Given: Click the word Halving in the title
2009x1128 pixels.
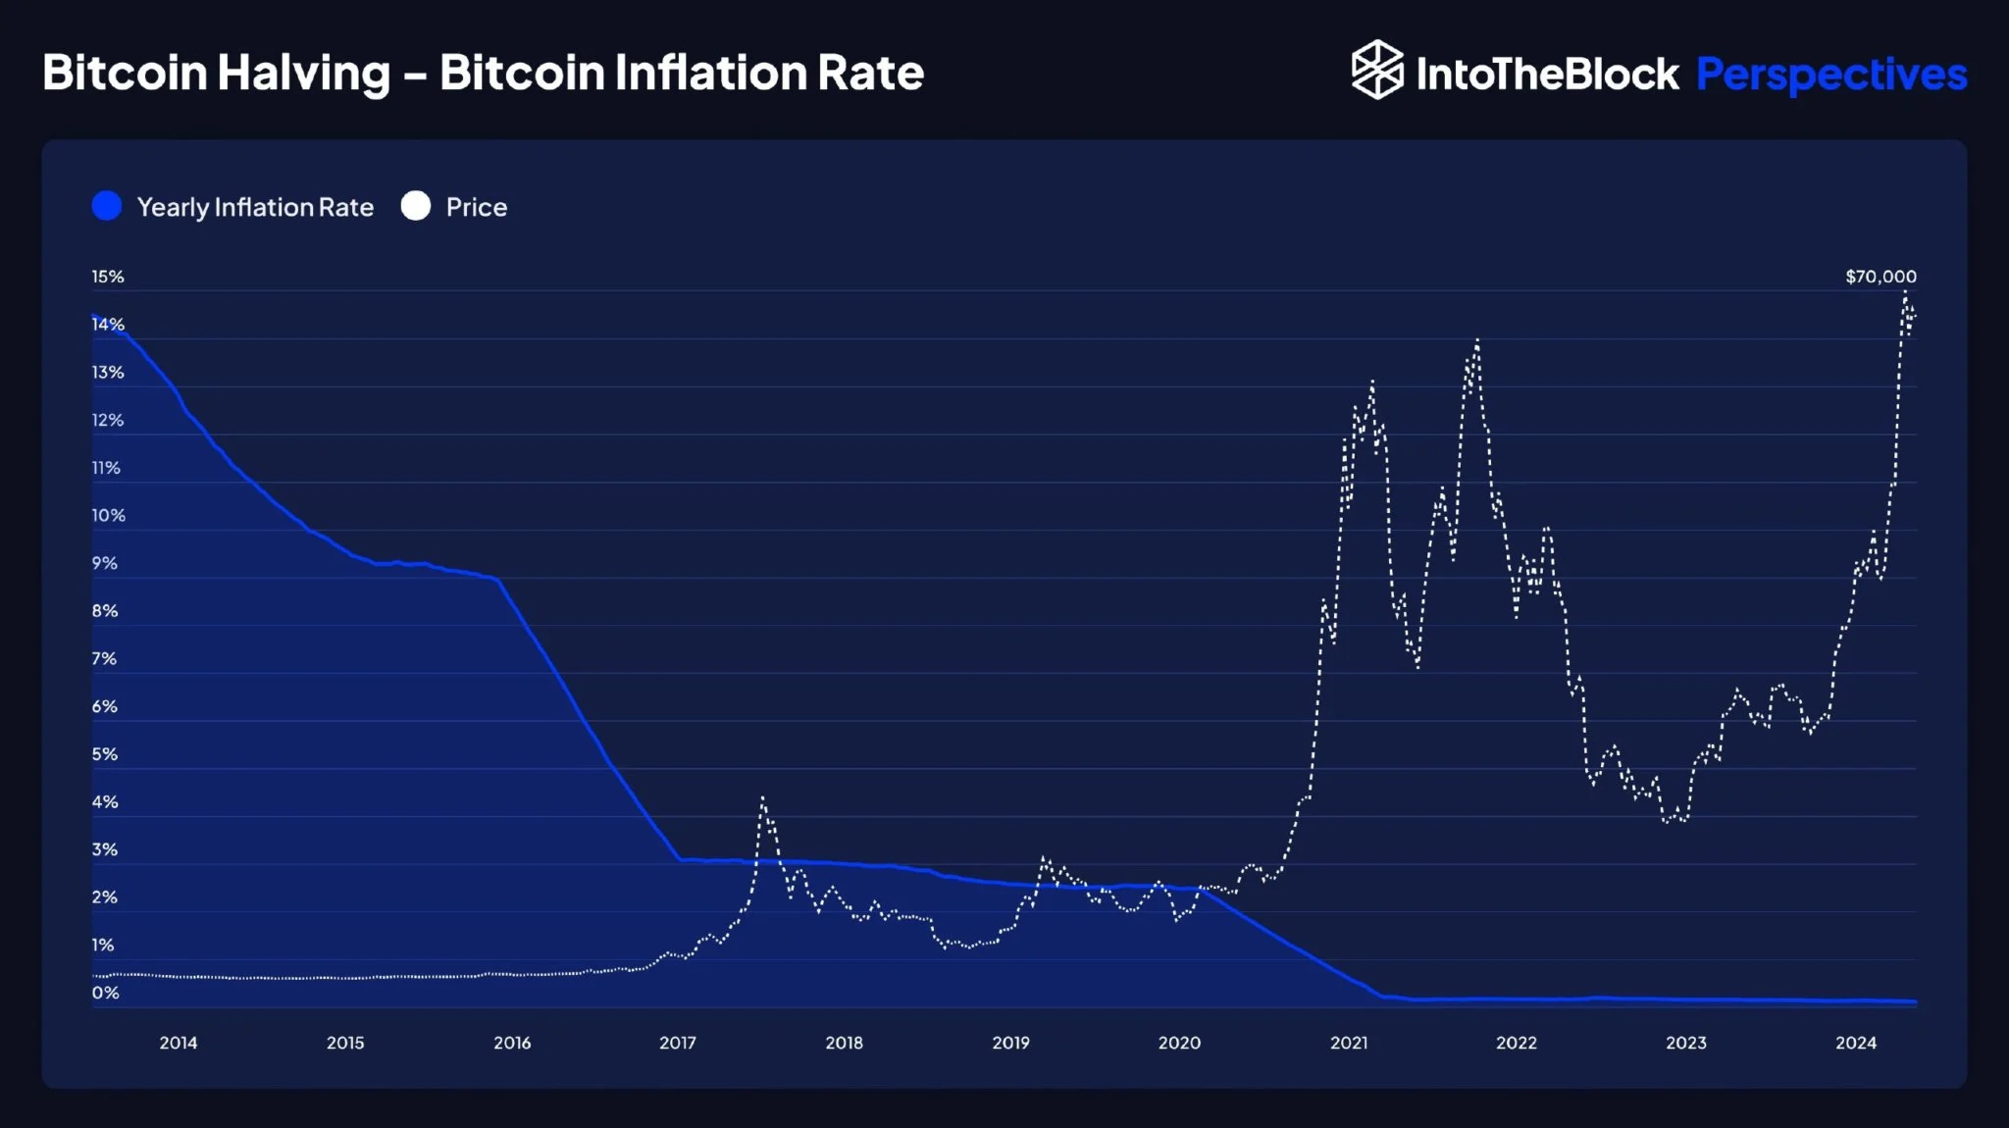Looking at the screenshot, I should pyautogui.click(x=303, y=74).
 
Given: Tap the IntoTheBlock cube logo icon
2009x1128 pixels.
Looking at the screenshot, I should pyautogui.click(x=1377, y=70).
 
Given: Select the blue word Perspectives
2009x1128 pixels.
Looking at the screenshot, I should pyautogui.click(x=1831, y=75).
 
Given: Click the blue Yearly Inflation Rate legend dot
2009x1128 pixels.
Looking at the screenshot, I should pyautogui.click(x=107, y=206).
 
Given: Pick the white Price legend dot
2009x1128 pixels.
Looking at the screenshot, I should pyautogui.click(x=416, y=206).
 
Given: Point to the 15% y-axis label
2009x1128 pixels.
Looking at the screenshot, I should pyautogui.click(x=108, y=277).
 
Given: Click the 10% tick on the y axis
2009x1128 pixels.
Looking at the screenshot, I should pyautogui.click(x=108, y=516).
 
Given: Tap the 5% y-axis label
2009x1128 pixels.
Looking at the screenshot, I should pyautogui.click(x=105, y=754).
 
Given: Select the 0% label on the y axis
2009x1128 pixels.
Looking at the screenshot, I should pyautogui.click(x=105, y=993).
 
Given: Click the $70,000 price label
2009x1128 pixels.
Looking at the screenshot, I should pyautogui.click(x=1880, y=277).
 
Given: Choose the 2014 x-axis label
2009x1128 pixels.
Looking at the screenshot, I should pyautogui.click(x=179, y=1043).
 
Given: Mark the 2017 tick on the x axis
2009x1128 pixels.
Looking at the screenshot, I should pyautogui.click(x=678, y=1043).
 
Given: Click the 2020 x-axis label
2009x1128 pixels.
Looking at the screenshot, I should pyautogui.click(x=1179, y=1043).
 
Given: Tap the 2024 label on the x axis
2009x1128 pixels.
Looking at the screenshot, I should pyautogui.click(x=1856, y=1043).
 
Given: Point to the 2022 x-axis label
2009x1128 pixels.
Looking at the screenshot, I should pyautogui.click(x=1517, y=1043).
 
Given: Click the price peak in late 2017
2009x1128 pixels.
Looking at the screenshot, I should pyautogui.click(x=762, y=798).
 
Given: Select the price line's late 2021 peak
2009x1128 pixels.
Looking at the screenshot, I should pyautogui.click(x=1476, y=340).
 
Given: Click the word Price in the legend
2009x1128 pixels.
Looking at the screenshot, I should pyautogui.click(x=477, y=207).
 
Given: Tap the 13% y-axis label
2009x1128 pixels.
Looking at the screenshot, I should pyautogui.click(x=108, y=373).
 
